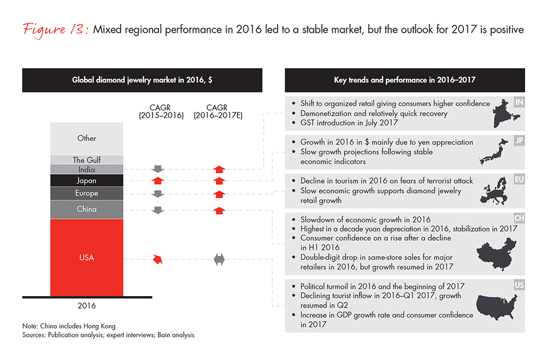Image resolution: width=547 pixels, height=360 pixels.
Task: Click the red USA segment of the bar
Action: (x=87, y=257)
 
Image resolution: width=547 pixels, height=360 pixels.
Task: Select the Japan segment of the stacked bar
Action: (x=87, y=181)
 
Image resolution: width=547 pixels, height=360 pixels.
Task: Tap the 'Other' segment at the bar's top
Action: (x=87, y=138)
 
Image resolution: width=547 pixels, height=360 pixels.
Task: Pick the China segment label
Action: (x=87, y=209)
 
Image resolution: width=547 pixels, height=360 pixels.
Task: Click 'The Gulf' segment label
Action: (x=87, y=160)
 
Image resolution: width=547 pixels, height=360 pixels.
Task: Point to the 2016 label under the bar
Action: (x=87, y=306)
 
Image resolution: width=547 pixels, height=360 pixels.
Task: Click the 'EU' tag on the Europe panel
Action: (x=519, y=179)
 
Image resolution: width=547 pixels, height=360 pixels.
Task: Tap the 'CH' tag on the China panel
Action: (x=519, y=219)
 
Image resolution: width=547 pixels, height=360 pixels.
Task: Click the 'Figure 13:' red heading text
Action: (x=55, y=29)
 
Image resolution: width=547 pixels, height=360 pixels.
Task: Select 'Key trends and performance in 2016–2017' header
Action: (x=405, y=81)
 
